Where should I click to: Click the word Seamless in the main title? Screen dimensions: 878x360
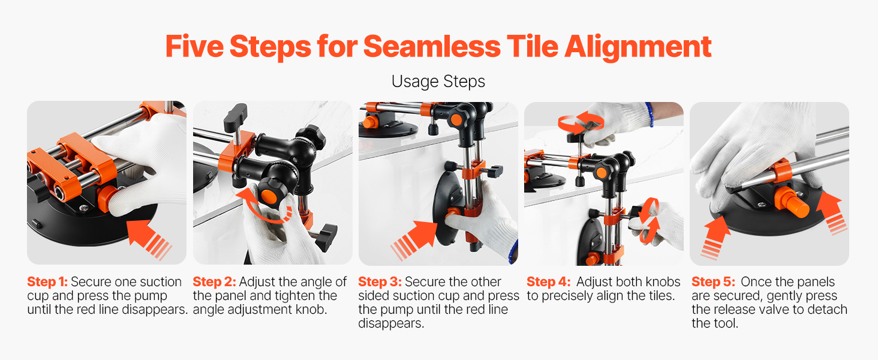click(x=432, y=47)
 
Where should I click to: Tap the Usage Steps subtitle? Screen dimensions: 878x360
click(x=438, y=82)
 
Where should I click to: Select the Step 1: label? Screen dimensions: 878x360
click(x=47, y=282)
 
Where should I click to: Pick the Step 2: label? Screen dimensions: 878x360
click(x=215, y=282)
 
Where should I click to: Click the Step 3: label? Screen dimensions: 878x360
click(x=380, y=282)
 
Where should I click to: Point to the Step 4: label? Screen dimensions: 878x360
click(x=548, y=282)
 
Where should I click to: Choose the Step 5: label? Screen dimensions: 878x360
click(x=714, y=282)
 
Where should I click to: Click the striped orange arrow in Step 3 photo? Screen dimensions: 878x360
click(x=414, y=240)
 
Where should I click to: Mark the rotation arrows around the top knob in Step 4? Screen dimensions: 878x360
click(x=581, y=122)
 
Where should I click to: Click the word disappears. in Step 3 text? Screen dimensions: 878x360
click(x=391, y=323)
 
